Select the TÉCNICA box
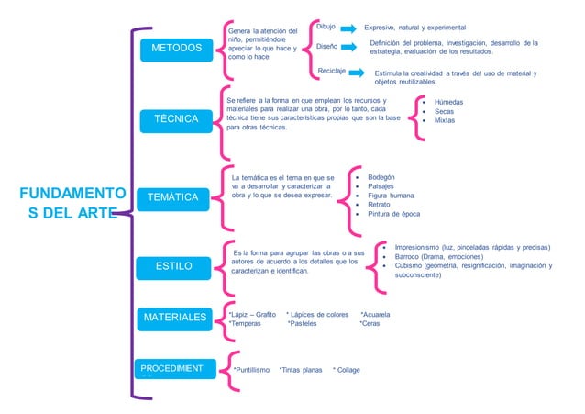tap(176, 119)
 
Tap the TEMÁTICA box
tap(174, 197)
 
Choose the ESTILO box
tap(173, 266)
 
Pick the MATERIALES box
tap(174, 318)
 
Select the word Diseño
tap(327, 45)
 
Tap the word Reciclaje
tap(331, 71)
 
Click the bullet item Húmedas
tap(449, 102)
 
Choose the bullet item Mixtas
tap(445, 120)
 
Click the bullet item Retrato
tap(379, 205)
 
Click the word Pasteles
tap(304, 324)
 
